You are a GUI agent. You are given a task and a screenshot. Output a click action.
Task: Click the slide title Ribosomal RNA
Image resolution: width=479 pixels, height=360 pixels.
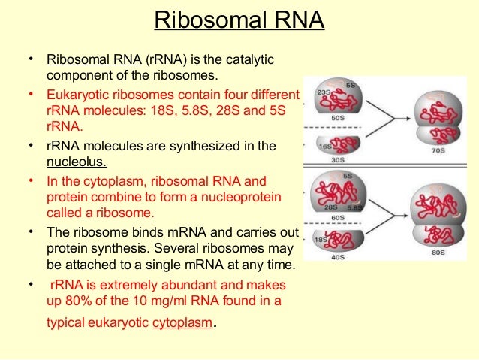tap(239, 20)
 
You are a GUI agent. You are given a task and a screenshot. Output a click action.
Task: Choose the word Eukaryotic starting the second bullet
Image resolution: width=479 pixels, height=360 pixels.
tap(78, 95)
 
